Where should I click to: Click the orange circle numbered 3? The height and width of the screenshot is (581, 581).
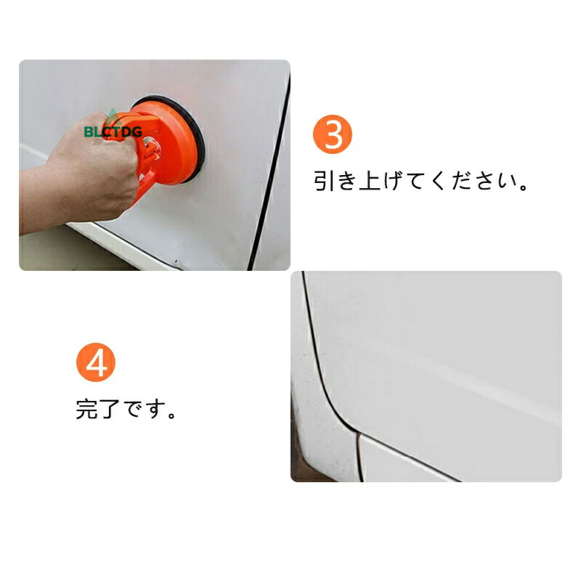click(333, 134)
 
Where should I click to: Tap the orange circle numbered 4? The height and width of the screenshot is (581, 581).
click(96, 362)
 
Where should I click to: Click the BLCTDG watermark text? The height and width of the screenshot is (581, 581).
click(113, 131)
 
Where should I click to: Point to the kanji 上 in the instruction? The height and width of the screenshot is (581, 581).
click(370, 181)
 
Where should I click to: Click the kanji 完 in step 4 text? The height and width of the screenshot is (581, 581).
click(87, 409)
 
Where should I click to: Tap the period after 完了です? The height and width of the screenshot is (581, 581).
click(171, 415)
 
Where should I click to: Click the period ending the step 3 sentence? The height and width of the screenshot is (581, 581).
click(524, 187)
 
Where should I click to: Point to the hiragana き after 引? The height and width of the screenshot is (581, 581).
click(347, 181)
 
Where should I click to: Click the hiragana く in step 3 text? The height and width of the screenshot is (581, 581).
click(439, 181)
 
